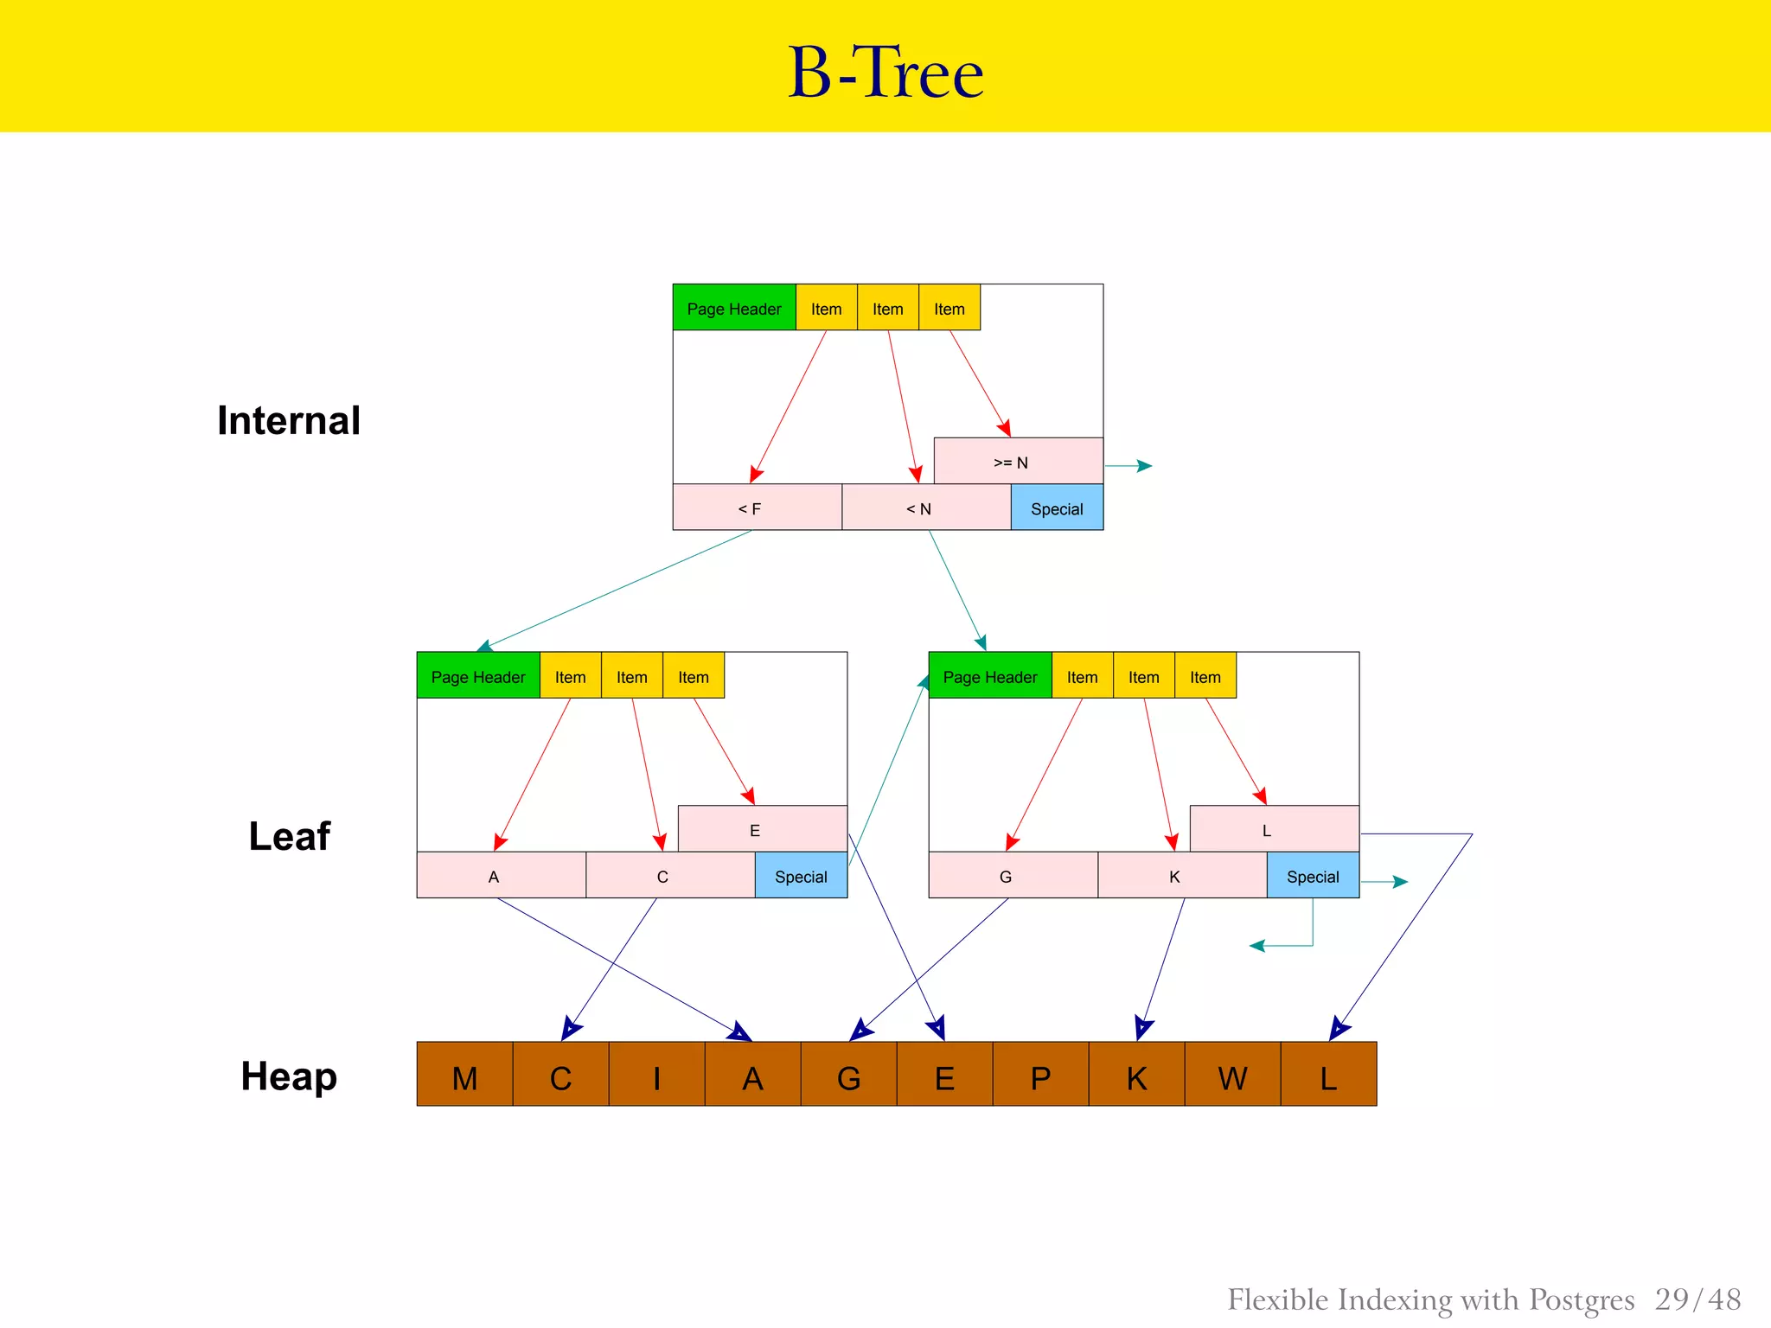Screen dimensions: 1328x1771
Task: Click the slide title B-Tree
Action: pos(885,73)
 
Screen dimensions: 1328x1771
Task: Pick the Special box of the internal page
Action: pos(1057,508)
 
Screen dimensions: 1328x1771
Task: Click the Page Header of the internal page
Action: pos(733,308)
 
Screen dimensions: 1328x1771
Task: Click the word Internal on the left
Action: pos(289,421)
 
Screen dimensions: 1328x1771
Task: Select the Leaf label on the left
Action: pos(289,836)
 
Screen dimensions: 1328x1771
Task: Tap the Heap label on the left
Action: pos(289,1076)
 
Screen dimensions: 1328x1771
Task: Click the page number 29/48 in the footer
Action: pos(1697,1299)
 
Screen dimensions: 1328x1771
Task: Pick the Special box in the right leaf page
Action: pos(1313,875)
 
